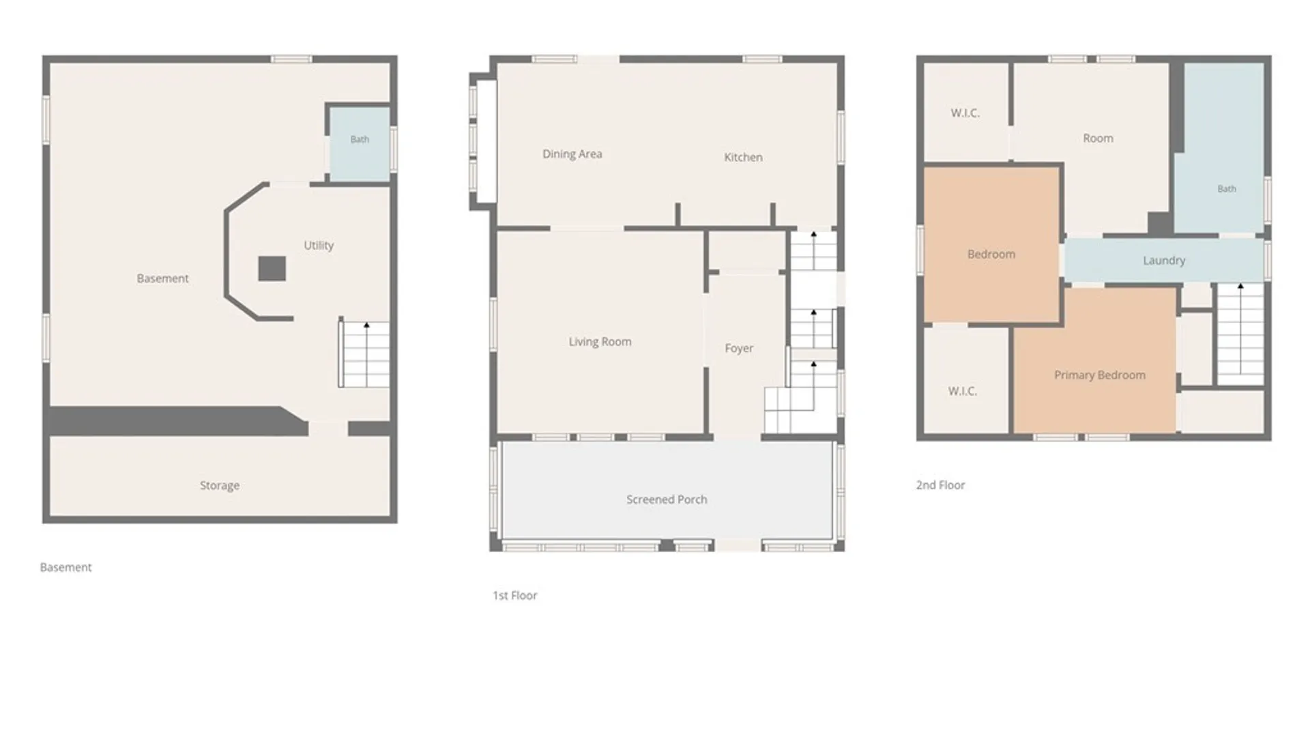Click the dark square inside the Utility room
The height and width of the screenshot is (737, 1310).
coord(272,269)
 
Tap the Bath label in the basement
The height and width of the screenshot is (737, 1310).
coord(360,139)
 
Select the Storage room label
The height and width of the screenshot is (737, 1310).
coord(220,486)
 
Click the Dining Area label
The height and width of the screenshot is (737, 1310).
coord(572,154)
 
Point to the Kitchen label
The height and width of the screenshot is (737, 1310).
coord(743,157)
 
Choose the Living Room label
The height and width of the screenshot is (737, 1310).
coord(600,342)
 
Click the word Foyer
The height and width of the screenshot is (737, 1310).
coord(739,348)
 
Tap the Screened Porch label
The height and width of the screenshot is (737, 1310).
coord(667,500)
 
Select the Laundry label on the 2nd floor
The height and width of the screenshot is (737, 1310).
coord(1164,261)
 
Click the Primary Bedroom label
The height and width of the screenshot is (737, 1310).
coord(1100,375)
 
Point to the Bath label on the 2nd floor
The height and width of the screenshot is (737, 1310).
coord(1227,189)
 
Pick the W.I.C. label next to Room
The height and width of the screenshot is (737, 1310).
coord(965,113)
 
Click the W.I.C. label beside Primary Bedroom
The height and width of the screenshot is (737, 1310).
coord(963,391)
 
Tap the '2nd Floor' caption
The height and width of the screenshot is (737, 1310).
coord(940,485)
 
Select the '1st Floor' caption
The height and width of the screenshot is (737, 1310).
coord(515,596)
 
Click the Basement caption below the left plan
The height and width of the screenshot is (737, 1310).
coord(65,567)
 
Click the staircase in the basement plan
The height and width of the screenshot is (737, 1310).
coord(364,354)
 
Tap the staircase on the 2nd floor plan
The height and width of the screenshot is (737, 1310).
coord(1240,334)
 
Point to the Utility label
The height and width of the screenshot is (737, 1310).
coord(319,246)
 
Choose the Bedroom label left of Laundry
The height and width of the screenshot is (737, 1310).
coord(991,255)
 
